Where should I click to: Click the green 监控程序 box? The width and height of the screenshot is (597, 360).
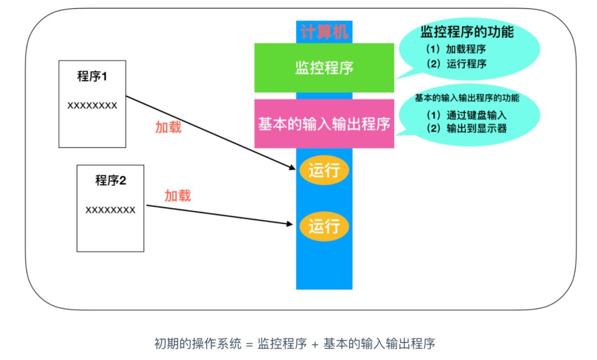[324, 68]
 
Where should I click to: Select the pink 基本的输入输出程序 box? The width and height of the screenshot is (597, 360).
[324, 124]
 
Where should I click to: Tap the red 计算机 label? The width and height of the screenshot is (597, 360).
[324, 32]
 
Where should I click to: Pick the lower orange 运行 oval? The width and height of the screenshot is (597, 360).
[324, 226]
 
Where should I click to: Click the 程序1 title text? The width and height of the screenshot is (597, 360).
[92, 76]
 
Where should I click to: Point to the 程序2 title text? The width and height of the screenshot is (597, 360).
[111, 180]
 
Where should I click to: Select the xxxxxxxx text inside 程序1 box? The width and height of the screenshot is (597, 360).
[92, 105]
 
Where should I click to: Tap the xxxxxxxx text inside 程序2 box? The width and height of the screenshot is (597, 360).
[111, 210]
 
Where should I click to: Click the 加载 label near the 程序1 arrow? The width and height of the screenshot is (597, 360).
[169, 127]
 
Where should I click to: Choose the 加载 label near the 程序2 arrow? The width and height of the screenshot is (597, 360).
[178, 195]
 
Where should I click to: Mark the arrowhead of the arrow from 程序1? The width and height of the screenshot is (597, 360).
[293, 168]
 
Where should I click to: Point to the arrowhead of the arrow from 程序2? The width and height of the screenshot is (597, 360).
[291, 224]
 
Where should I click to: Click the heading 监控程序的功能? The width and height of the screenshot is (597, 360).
[467, 32]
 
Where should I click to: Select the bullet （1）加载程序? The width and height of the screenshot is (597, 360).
[456, 49]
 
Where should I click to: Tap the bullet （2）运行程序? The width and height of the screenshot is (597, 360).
[456, 63]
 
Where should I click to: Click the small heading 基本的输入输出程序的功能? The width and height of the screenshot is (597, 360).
[467, 98]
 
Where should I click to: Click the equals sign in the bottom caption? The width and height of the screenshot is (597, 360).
[249, 343]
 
